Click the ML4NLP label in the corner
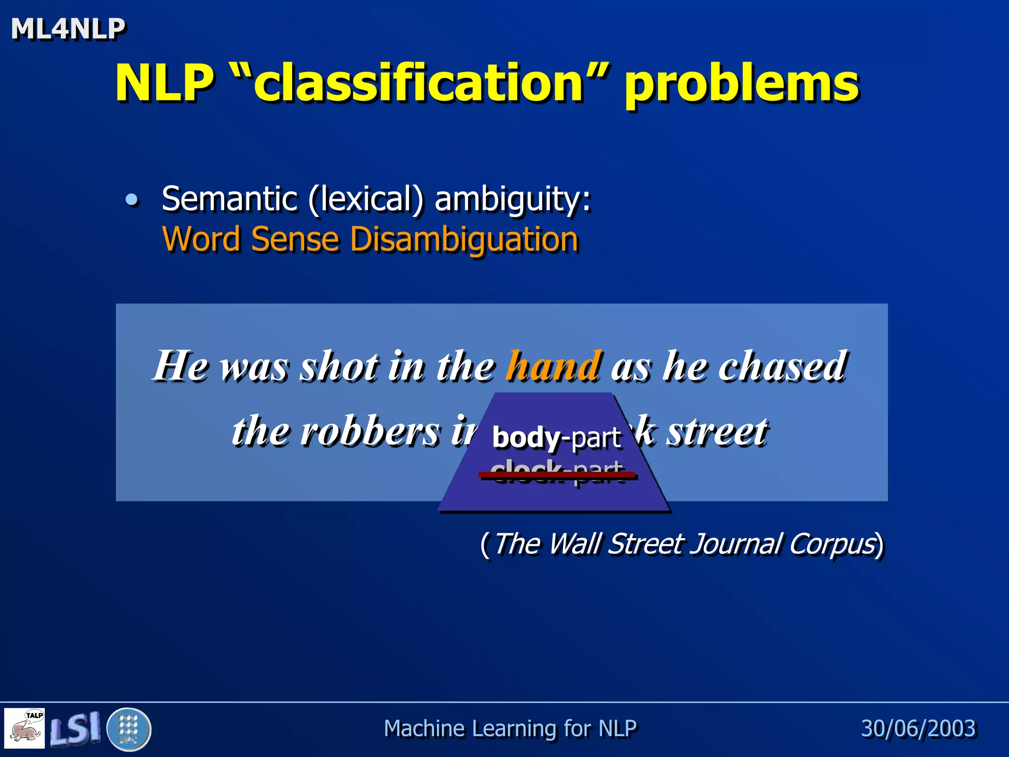(68, 29)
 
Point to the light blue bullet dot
(132, 200)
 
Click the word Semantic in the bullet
(230, 199)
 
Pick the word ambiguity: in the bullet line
(512, 200)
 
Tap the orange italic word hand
(554, 366)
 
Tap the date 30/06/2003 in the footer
(918, 728)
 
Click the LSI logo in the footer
(75, 728)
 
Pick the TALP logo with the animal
(25, 728)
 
